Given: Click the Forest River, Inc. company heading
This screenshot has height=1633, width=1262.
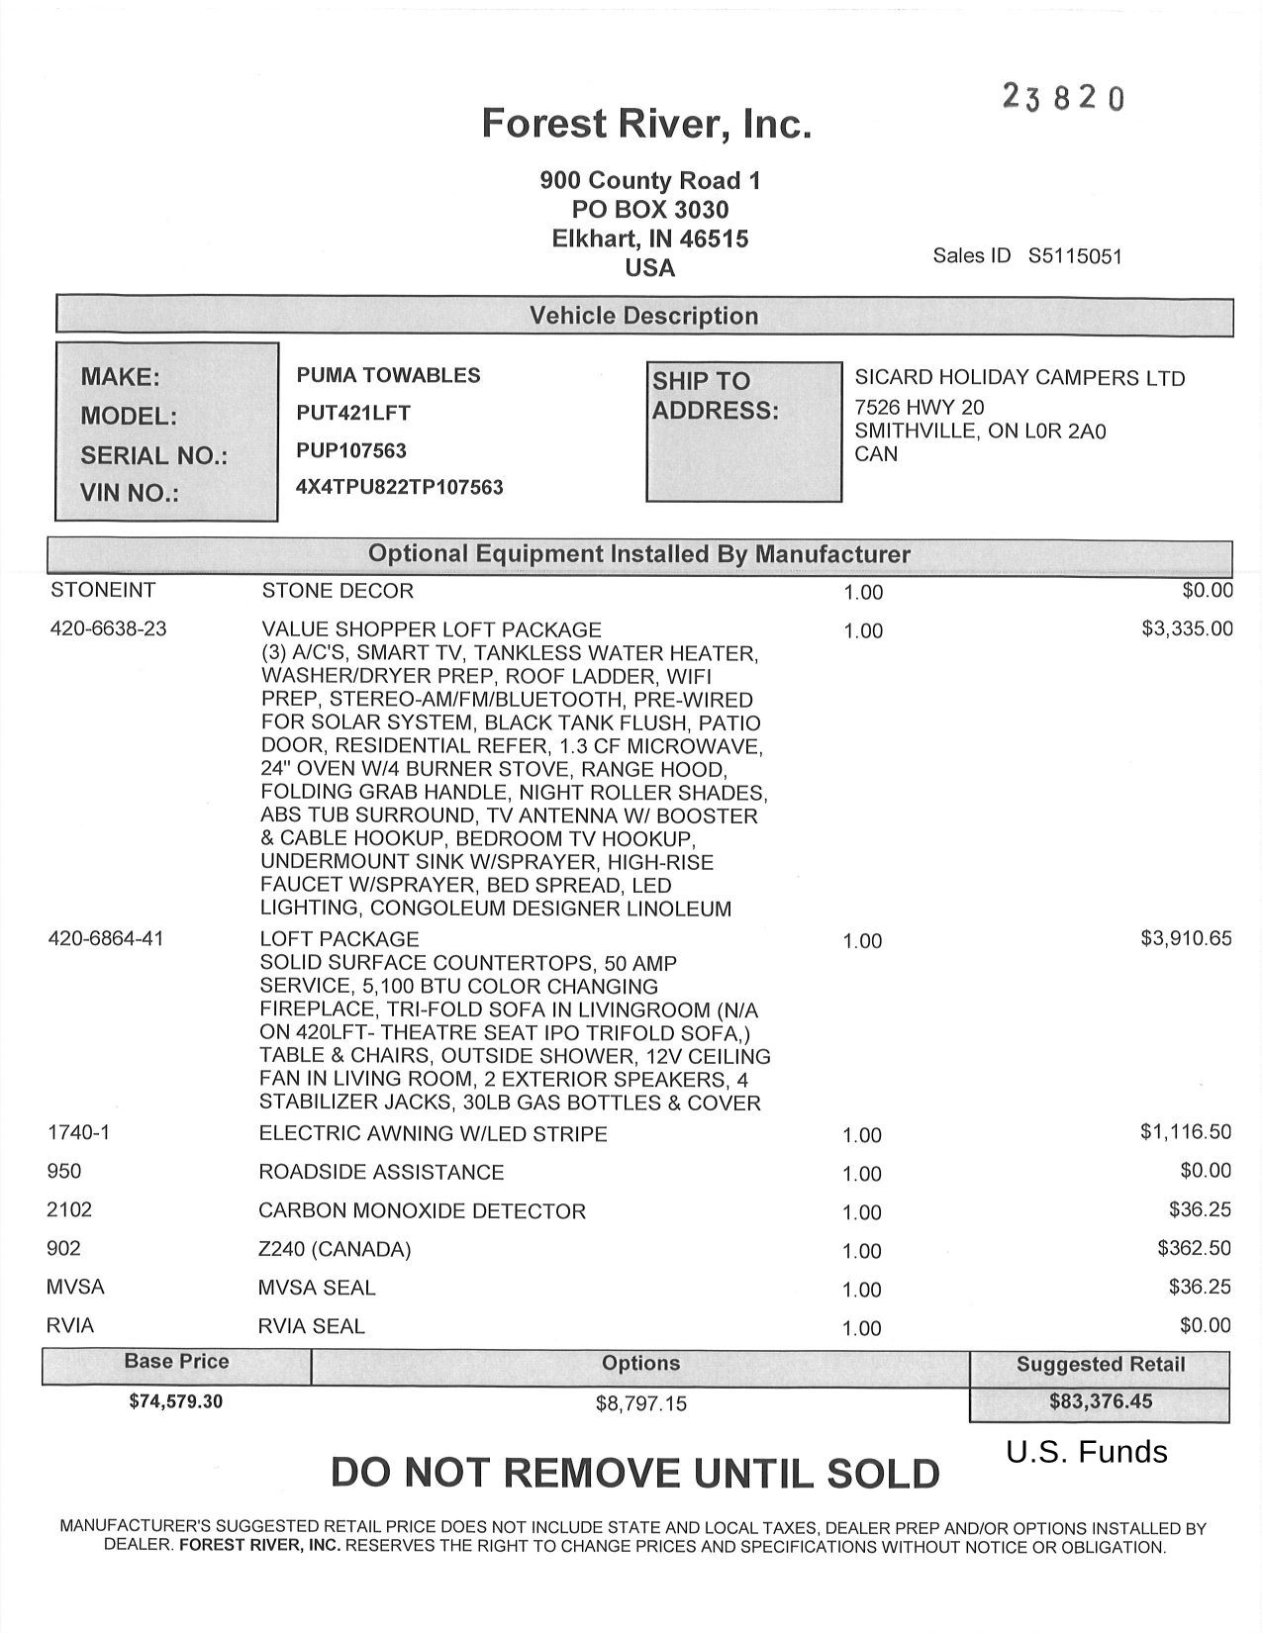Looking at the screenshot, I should pos(646,124).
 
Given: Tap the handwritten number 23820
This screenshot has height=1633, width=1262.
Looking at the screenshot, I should pos(1063,97).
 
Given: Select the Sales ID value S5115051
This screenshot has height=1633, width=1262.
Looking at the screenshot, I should pos(1075,256).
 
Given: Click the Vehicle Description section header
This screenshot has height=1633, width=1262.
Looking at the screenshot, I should pos(643,316).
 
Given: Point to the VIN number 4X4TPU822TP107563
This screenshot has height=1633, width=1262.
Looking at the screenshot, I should pos(400,487).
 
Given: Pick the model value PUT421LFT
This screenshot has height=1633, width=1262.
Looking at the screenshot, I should pos(353,413).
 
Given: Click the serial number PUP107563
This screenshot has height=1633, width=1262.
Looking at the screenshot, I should pos(351,450).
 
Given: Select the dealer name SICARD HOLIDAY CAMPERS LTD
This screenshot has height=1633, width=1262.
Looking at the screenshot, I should pos(1019,378).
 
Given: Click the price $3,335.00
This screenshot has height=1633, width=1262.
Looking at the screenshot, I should pos(1187,628).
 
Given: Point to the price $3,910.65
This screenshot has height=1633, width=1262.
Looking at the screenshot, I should pos(1186,938).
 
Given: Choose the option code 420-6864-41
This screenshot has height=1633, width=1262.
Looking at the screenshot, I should pos(106,938).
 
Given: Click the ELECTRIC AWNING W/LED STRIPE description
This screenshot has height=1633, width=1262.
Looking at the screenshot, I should pos(433,1133).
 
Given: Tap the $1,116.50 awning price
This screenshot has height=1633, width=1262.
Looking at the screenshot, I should pos(1186,1131).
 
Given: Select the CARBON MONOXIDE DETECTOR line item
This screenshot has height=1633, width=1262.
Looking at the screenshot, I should pos(422,1210).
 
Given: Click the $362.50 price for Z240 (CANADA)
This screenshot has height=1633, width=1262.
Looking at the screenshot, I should pos(1194,1248).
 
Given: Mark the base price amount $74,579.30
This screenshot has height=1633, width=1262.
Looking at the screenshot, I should pos(176,1400).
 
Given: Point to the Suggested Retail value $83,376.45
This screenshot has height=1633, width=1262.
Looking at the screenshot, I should pos(1101,1401).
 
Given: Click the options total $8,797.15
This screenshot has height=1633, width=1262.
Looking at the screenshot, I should pos(640,1403).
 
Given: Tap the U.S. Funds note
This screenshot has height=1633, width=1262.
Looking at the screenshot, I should pos(1087,1452).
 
